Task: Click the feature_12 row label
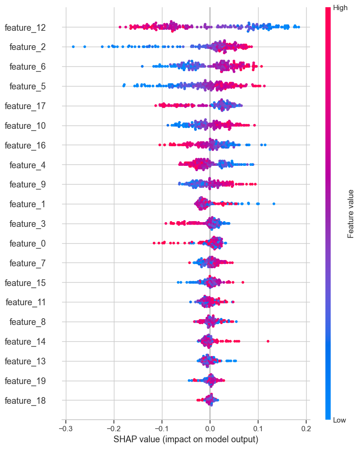click(x=25, y=27)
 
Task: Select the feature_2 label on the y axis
click(x=27, y=47)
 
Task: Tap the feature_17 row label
click(x=25, y=106)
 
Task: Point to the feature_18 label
click(x=25, y=400)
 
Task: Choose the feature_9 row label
click(x=27, y=185)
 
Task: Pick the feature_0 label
click(x=27, y=243)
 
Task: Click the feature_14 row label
click(x=25, y=342)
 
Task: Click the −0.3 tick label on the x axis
click(x=65, y=429)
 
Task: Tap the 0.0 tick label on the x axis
click(x=210, y=429)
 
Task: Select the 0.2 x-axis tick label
click(x=306, y=429)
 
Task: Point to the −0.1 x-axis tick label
click(x=162, y=429)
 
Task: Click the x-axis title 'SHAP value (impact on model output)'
click(x=186, y=439)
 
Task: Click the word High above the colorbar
click(x=340, y=8)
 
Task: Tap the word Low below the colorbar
click(x=339, y=420)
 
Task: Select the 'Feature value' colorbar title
click(x=350, y=214)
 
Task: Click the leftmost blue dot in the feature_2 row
click(x=74, y=47)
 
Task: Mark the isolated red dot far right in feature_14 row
click(x=268, y=341)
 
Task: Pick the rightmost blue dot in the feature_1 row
click(x=274, y=204)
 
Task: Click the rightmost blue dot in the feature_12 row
click(x=298, y=27)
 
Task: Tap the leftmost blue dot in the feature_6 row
click(x=142, y=66)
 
